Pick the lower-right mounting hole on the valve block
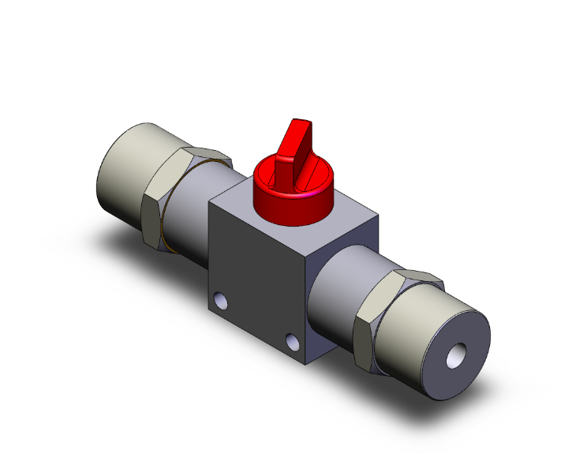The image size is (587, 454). tap(293, 341)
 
